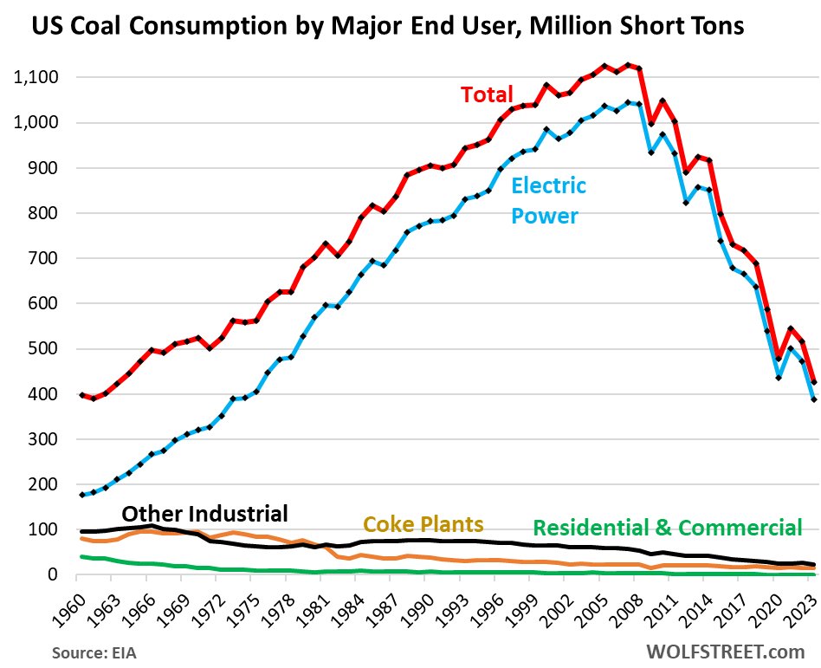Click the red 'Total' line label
pyautogui.click(x=486, y=94)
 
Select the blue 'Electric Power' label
pyautogui.click(x=548, y=200)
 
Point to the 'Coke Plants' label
pyautogui.click(x=423, y=524)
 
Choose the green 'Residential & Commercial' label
pyautogui.click(x=667, y=528)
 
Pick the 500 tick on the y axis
pyautogui.click(x=43, y=349)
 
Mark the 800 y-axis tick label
pyautogui.click(x=43, y=213)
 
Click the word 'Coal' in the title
pyautogui.click(x=102, y=27)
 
